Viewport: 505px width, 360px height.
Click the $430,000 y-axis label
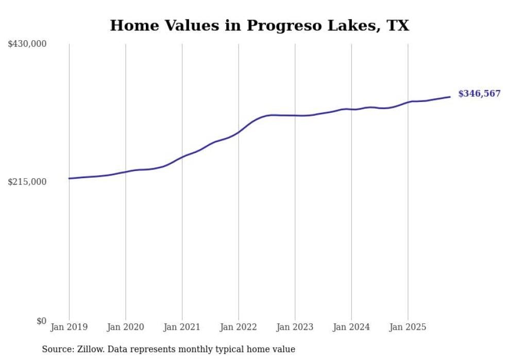(27, 44)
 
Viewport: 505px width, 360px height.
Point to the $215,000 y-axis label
(27, 182)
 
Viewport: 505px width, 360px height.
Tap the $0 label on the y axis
(41, 321)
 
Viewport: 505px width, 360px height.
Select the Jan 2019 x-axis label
(69, 327)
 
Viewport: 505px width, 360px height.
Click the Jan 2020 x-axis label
(125, 327)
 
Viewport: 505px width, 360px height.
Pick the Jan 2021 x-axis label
(182, 327)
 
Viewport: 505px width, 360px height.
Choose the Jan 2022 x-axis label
(238, 327)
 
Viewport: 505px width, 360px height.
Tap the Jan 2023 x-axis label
(295, 327)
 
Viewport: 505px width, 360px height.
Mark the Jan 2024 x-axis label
(351, 327)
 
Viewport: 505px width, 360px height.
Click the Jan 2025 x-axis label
(408, 327)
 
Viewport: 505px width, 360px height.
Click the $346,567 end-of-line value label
(479, 94)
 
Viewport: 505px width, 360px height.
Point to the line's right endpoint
(450, 97)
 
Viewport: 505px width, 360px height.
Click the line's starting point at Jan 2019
(69, 178)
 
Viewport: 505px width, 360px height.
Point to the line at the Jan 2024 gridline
(351, 109)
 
